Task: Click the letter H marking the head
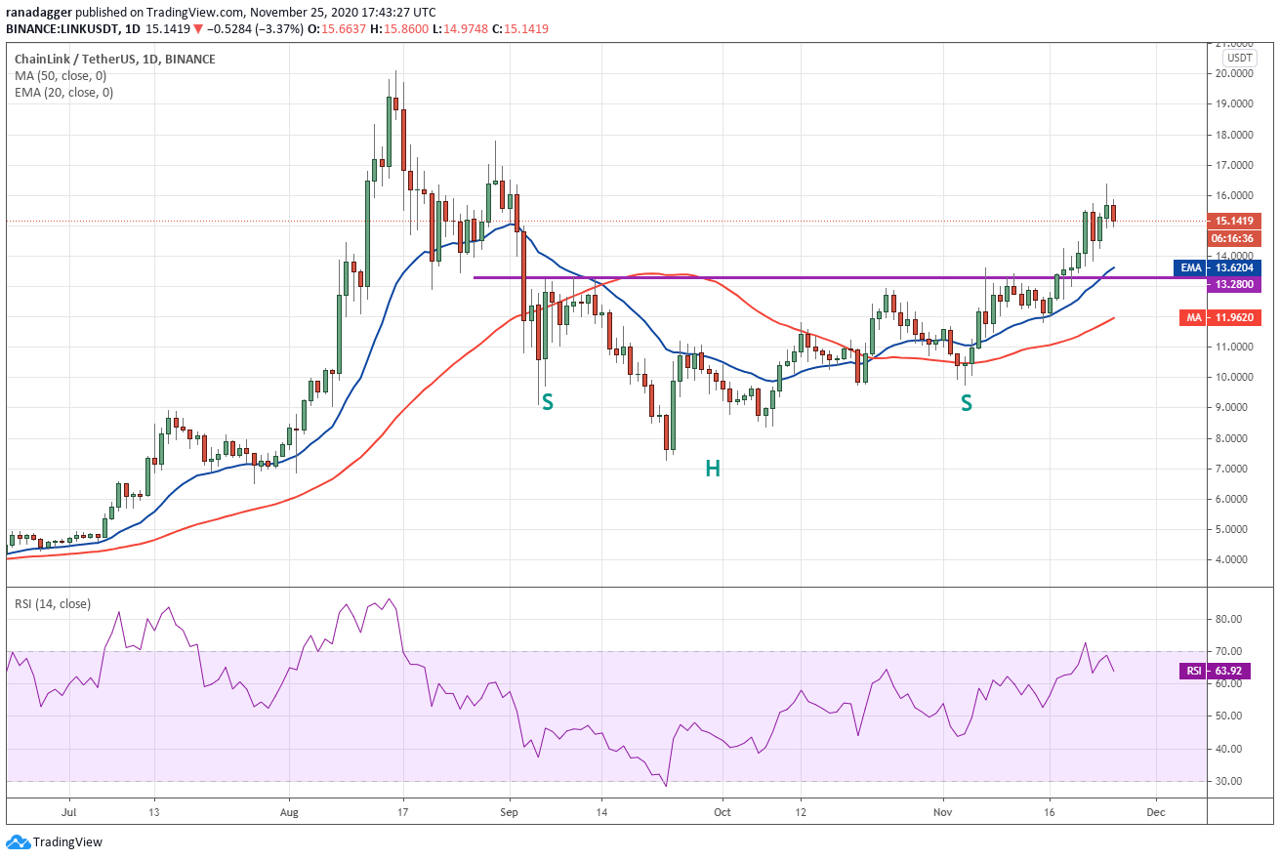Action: coord(713,470)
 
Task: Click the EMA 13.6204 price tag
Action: coord(1218,267)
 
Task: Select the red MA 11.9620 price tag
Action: coord(1220,317)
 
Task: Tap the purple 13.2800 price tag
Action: coord(1234,285)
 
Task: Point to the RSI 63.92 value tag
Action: coord(1215,671)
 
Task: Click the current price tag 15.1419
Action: coord(1234,221)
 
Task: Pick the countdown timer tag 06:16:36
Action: coord(1234,238)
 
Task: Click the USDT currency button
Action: coord(1239,58)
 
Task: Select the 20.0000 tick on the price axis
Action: coord(1234,74)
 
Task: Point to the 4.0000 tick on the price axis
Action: coord(1234,560)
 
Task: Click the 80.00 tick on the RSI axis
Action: coord(1228,619)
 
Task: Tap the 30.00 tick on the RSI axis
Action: coord(1228,781)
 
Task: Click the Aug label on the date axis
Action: coord(289,812)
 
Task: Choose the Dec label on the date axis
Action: coord(1156,812)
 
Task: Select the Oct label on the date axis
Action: coord(723,812)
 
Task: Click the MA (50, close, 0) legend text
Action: coord(61,76)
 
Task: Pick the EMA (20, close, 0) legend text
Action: coord(64,93)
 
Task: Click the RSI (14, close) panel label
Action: coord(53,604)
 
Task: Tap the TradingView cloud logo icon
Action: coord(18,842)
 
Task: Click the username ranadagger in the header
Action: coord(39,12)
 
